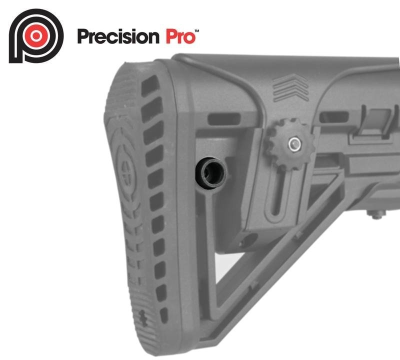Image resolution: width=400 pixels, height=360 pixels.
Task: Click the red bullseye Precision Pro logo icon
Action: click(x=35, y=36)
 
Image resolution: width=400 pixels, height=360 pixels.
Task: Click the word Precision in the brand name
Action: click(x=118, y=36)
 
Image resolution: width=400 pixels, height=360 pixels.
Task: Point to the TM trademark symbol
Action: click(x=197, y=31)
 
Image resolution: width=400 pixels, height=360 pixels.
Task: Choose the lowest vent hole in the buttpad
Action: click(x=163, y=315)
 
